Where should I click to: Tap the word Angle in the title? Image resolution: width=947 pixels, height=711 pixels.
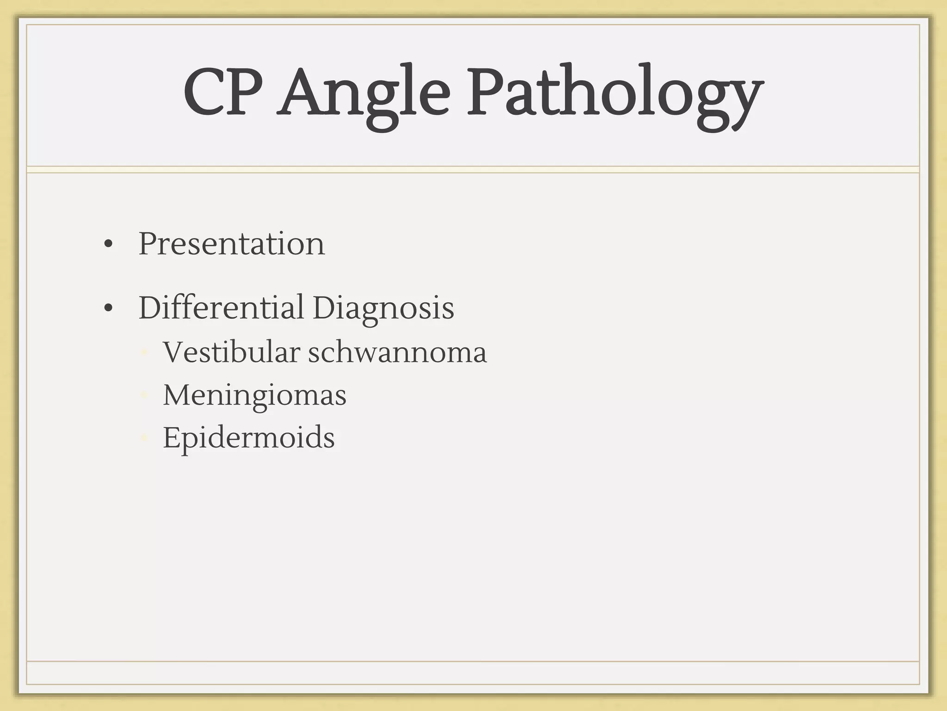(363, 95)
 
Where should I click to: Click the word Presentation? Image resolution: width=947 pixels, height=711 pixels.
(232, 243)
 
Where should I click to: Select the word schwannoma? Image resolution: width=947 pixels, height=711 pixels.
(397, 352)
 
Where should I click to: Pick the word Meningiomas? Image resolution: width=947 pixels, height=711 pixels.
(254, 396)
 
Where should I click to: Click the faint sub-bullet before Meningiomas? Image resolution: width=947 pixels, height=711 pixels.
(144, 396)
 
